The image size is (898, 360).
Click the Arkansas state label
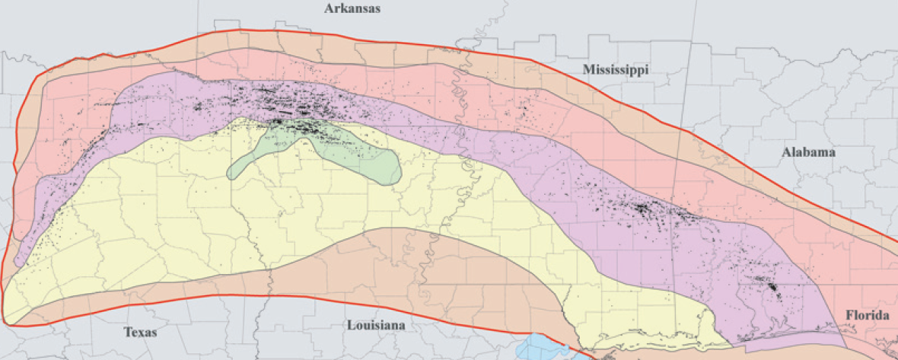pos(352,9)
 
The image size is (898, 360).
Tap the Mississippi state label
pos(616,70)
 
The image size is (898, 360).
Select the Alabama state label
pos(808,152)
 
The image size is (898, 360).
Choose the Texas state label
pos(140,332)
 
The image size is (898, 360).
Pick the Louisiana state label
pos(376,326)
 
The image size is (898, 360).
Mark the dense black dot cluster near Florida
pos(772,287)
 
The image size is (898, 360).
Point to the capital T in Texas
pos(128,332)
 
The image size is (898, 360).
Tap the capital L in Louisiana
pos(351,326)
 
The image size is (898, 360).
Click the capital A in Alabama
pos(786,152)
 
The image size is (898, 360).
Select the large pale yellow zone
pos(190,228)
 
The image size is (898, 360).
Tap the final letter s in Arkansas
pos(377,10)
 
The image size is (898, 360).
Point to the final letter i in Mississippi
pos(646,70)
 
